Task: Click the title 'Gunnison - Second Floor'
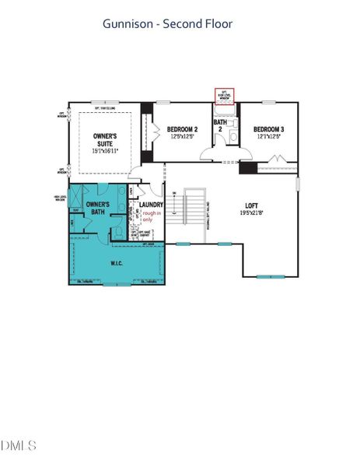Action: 168,24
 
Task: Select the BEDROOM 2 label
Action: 185,128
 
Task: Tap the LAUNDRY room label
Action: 151,205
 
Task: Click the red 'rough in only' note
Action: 151,216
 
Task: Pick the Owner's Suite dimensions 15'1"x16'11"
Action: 106,153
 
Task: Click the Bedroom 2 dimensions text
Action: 185,136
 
